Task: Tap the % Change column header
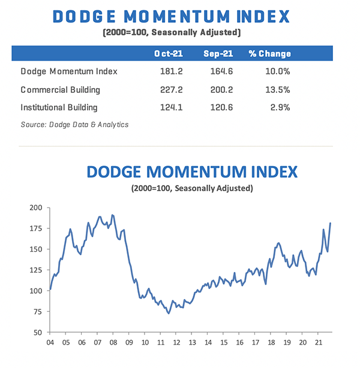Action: (x=269, y=54)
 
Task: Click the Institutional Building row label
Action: (x=59, y=108)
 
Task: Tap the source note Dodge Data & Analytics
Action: (x=74, y=125)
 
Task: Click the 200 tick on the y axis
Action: (x=37, y=207)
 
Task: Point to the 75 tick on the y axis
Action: (x=38, y=312)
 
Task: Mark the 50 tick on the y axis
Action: (x=38, y=332)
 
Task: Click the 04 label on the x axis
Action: (x=50, y=345)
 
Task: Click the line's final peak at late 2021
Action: (x=331, y=223)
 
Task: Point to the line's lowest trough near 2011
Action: (x=169, y=313)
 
